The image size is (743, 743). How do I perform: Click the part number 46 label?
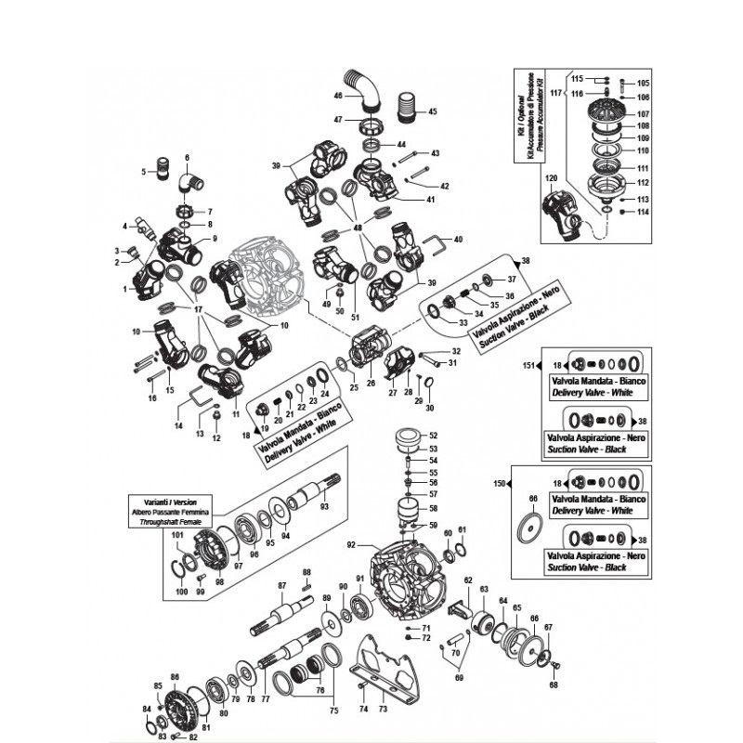[x=338, y=96]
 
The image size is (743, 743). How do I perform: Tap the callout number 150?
[x=499, y=485]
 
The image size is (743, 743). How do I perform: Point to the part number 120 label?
[x=551, y=177]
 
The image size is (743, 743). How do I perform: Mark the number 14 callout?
[x=178, y=425]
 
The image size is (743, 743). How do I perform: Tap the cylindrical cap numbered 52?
[x=405, y=437]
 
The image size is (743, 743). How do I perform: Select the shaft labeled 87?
[x=285, y=612]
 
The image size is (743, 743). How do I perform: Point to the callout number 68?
[x=554, y=685]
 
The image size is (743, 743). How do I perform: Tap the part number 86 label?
[x=174, y=678]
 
